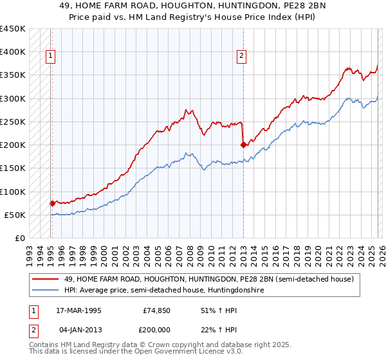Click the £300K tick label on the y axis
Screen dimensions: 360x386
point(13,98)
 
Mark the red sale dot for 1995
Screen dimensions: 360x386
point(52,203)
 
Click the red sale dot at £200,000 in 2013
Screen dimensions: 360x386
point(243,145)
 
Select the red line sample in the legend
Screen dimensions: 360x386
point(46,280)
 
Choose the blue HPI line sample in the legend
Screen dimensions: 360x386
point(46,291)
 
